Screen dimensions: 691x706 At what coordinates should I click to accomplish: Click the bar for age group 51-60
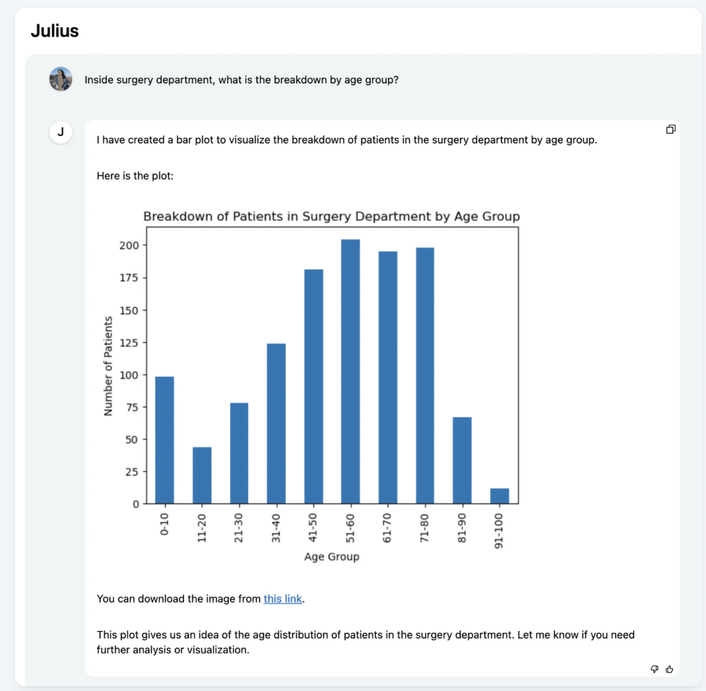pyautogui.click(x=351, y=372)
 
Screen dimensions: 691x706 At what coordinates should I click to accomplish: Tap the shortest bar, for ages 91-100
pyautogui.click(x=500, y=496)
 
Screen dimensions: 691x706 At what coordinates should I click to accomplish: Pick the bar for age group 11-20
pyautogui.click(x=202, y=475)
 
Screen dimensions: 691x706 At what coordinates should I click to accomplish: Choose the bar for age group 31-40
pyautogui.click(x=276, y=423)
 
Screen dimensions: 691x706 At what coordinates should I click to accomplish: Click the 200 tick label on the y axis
pyautogui.click(x=130, y=246)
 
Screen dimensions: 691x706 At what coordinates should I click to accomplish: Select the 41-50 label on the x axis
pyautogui.click(x=313, y=528)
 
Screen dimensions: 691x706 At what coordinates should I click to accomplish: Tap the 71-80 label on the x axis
pyautogui.click(x=425, y=528)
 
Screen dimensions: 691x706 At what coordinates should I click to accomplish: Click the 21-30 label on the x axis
pyautogui.click(x=239, y=528)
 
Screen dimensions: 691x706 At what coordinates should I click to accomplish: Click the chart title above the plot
pyautogui.click(x=332, y=217)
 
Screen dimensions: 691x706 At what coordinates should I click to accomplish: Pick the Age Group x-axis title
pyautogui.click(x=332, y=557)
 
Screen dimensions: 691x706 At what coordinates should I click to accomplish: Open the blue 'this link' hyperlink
pyautogui.click(x=283, y=599)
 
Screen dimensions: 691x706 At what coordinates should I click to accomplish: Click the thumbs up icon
pyautogui.click(x=669, y=668)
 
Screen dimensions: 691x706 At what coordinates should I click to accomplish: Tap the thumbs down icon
pyautogui.click(x=655, y=668)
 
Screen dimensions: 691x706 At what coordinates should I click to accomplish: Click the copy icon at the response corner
pyautogui.click(x=670, y=130)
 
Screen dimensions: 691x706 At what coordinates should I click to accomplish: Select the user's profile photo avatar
pyautogui.click(x=61, y=79)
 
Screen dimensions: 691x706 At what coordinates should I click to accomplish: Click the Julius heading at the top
pyautogui.click(x=54, y=30)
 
